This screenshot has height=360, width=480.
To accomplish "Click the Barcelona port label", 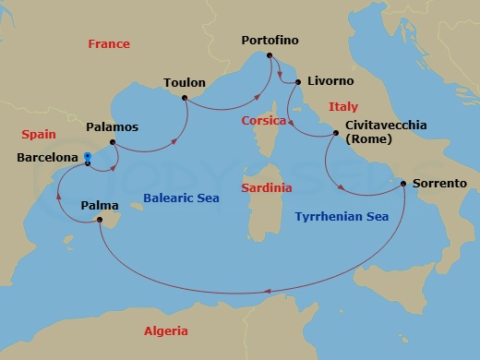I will [x=46, y=158].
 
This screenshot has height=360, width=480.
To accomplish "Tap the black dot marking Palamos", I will [x=113, y=142].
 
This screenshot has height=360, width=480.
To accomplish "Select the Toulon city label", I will [x=184, y=82].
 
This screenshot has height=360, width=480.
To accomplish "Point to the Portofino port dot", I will [x=270, y=58].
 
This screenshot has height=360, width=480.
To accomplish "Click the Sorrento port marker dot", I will [x=403, y=184].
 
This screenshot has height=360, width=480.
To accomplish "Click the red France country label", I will [x=108, y=44].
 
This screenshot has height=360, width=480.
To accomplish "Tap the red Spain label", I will [x=38, y=134].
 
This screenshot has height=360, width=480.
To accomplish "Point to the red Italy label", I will [x=342, y=107].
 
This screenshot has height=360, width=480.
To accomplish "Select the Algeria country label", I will [x=166, y=331].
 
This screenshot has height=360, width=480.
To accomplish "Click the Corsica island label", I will [x=262, y=120].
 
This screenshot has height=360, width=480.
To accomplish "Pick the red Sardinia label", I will [x=266, y=187].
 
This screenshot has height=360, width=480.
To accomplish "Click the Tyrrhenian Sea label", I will [x=341, y=217].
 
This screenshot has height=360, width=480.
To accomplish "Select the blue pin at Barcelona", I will [x=86, y=157].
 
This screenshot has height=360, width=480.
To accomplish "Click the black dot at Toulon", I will [x=186, y=97].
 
